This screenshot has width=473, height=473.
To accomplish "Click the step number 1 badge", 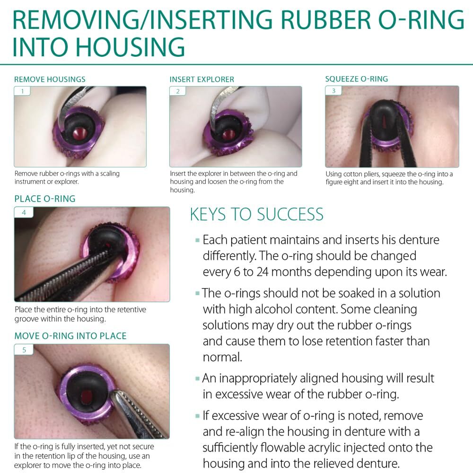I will (x=22, y=91).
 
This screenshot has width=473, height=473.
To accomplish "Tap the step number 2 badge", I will (x=178, y=91).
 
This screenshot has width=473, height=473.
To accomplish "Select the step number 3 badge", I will (x=333, y=90).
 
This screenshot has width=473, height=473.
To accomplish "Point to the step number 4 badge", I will (x=24, y=212).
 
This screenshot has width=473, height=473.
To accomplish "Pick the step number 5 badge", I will (x=24, y=350).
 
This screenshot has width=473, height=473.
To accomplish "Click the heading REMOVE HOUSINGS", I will (x=50, y=79).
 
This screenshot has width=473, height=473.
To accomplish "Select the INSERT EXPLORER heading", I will (x=202, y=79).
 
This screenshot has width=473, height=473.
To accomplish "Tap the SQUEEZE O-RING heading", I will (x=357, y=79).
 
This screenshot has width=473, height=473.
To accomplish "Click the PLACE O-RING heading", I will (x=45, y=199).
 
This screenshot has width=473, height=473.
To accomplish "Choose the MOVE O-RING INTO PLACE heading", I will (x=70, y=336).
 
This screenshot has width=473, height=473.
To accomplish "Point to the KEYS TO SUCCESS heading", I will (x=257, y=214).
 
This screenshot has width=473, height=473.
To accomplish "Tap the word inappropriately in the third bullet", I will (x=257, y=378).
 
